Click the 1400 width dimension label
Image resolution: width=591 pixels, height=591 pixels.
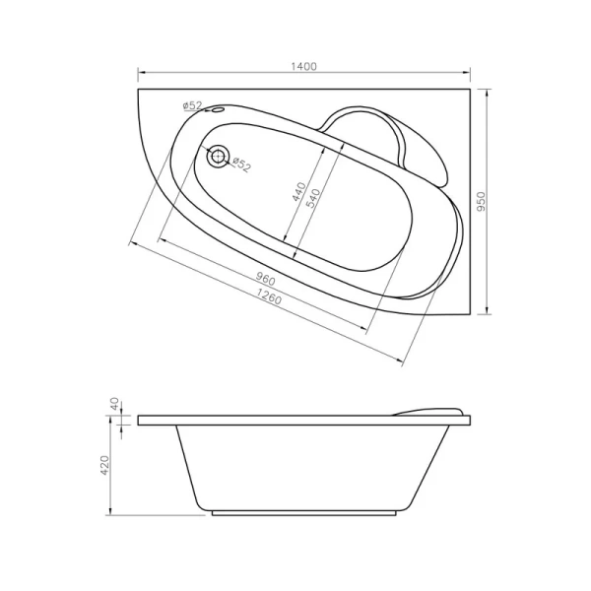click(303, 66)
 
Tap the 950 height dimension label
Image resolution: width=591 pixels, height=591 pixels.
click(480, 201)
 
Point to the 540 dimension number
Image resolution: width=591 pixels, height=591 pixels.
click(314, 197)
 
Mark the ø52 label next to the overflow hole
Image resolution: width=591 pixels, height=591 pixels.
click(192, 105)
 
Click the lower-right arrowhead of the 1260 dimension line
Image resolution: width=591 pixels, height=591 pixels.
click(405, 363)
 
